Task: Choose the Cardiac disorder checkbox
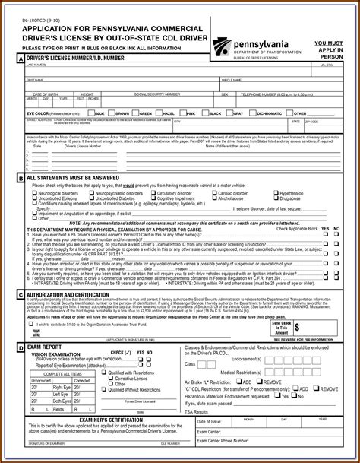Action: click(216, 193)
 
